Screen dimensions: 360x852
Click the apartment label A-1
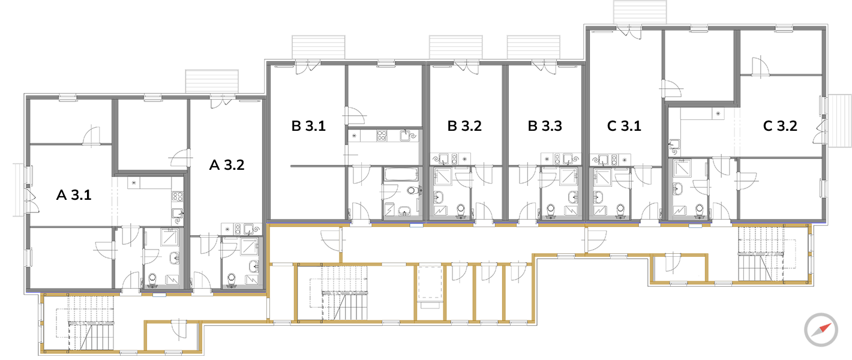(x=74, y=196)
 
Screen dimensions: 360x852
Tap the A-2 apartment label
(x=227, y=165)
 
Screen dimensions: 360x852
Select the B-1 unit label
(x=308, y=126)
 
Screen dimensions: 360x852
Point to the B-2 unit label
(x=465, y=126)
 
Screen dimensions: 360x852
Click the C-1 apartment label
(x=624, y=126)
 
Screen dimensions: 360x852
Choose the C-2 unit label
(x=780, y=126)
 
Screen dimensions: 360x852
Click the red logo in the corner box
(x=822, y=329)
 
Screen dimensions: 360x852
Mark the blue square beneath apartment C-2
(x=695, y=233)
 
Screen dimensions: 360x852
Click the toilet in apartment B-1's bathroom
(x=413, y=190)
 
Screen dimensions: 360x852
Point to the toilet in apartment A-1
(x=152, y=279)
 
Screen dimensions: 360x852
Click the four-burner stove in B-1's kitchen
(x=382, y=136)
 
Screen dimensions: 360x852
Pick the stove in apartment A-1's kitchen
(x=178, y=196)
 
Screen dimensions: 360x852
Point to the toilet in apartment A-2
(x=232, y=279)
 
